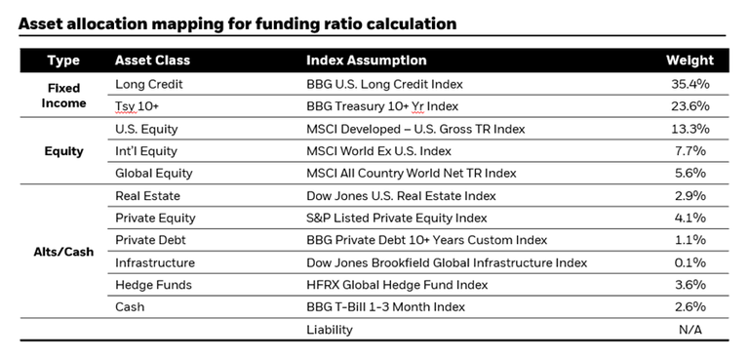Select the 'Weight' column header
pos(690,60)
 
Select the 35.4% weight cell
pos(690,85)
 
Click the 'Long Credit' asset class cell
pos(149,85)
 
